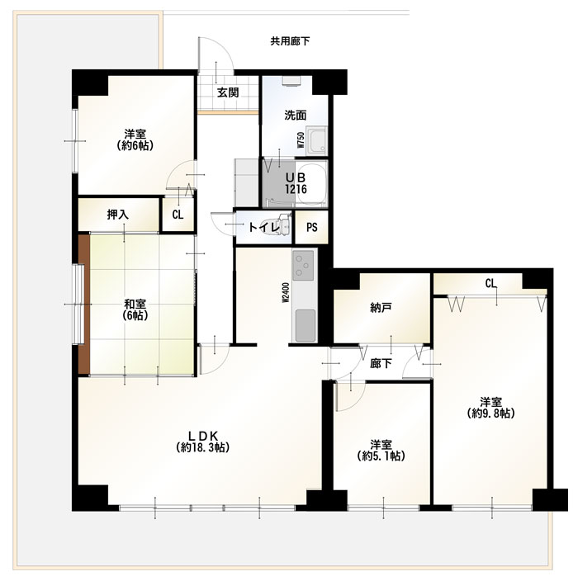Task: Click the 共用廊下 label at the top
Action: (x=290, y=41)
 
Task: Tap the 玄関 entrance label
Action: (x=228, y=92)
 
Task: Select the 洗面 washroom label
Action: (x=295, y=116)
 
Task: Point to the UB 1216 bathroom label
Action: (x=296, y=183)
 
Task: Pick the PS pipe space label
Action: (x=312, y=227)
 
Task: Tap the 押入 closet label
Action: (x=117, y=215)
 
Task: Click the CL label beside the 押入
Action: (x=178, y=215)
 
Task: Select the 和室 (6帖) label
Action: (x=135, y=309)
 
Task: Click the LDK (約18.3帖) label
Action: (x=202, y=442)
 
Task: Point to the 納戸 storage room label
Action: (x=381, y=307)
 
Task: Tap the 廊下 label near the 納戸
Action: (x=381, y=363)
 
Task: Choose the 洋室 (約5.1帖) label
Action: (x=381, y=451)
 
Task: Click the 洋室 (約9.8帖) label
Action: (x=491, y=408)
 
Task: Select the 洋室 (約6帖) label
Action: (x=135, y=139)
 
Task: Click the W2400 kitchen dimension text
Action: (x=286, y=293)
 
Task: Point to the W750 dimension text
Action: (x=301, y=140)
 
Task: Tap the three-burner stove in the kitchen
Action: (x=304, y=265)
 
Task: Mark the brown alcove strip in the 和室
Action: (x=84, y=305)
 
